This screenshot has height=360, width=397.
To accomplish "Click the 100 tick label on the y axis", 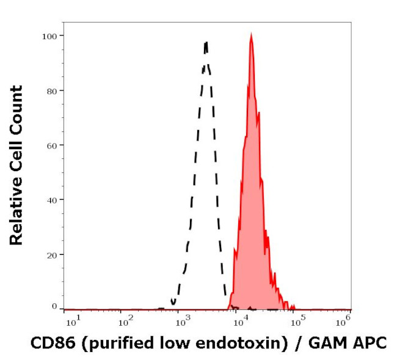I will pyautogui.click(x=49, y=36).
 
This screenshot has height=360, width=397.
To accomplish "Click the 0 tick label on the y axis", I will pyautogui.click(x=54, y=306).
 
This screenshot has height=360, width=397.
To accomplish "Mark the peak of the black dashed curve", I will pyautogui.click(x=206, y=42).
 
